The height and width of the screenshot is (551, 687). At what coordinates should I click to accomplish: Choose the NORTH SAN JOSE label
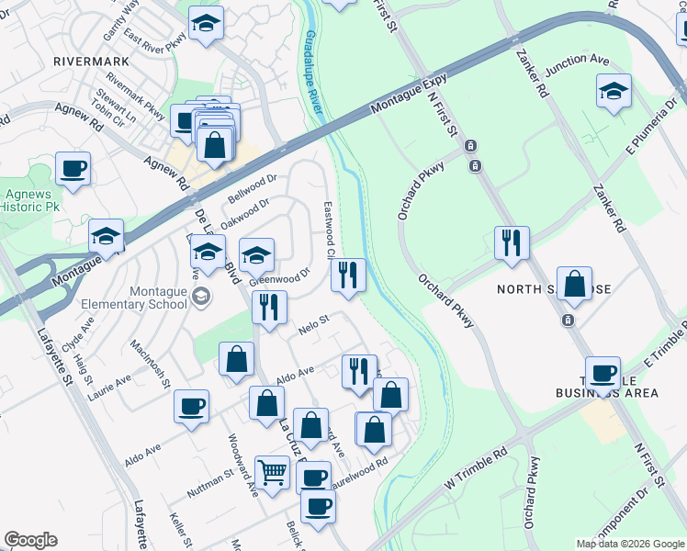pyautogui.click(x=554, y=288)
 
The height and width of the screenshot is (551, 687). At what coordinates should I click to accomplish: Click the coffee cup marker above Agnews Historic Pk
pyautogui.click(x=73, y=168)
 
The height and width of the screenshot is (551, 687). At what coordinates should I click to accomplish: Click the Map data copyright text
pyautogui.click(x=629, y=543)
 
